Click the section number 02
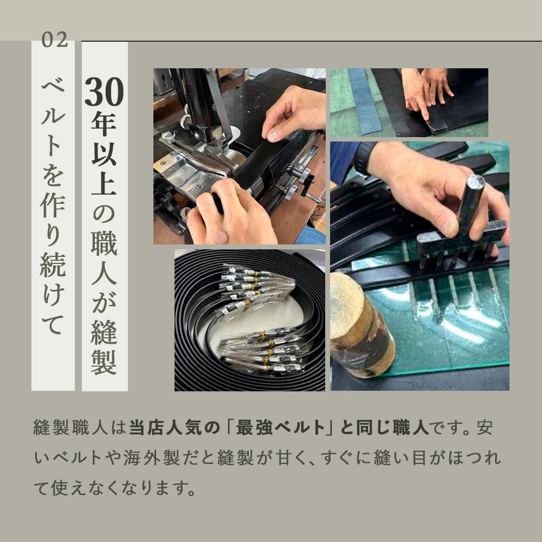54,40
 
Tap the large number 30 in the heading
104,93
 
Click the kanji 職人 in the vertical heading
104,263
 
